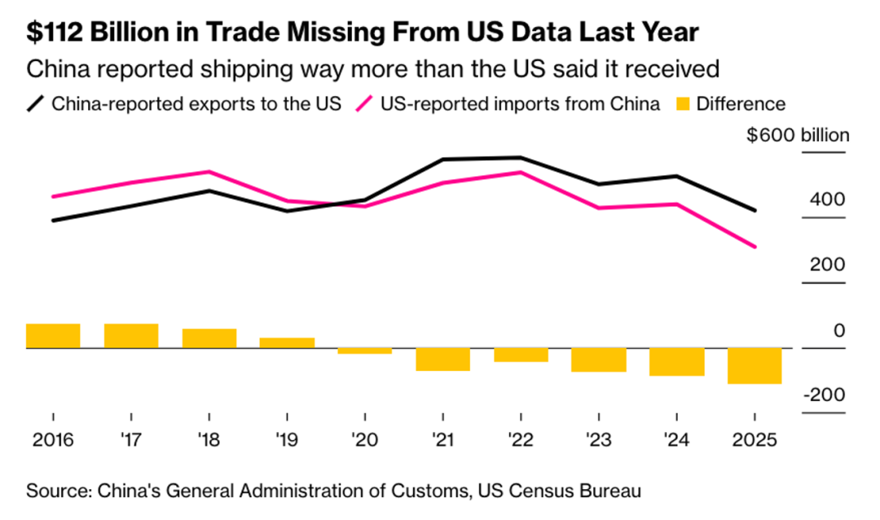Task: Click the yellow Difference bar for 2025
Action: coord(754,366)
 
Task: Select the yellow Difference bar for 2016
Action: coord(53,336)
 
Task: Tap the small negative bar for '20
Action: coord(364,350)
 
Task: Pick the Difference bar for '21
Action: coord(442,359)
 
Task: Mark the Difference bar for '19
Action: coord(287,343)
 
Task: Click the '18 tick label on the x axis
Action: coord(209,440)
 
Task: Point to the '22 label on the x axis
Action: coord(521,440)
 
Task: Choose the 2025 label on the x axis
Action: coord(754,440)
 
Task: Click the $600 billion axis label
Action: coord(798,135)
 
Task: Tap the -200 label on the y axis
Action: coord(824,394)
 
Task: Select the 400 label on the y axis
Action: coord(827,200)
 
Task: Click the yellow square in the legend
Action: coord(683,104)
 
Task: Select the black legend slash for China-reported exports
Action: coord(36,104)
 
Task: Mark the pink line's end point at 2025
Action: coord(755,247)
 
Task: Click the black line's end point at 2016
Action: coord(53,220)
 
